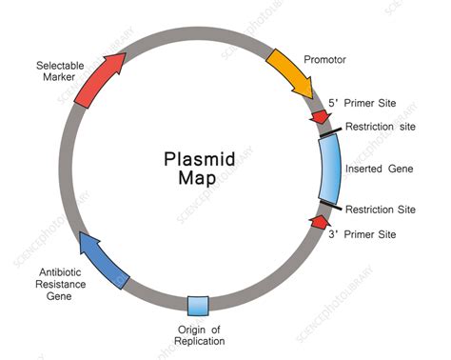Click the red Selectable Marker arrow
99,80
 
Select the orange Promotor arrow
290,70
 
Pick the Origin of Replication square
199,306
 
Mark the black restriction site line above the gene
329,134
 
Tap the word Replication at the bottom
200,340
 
